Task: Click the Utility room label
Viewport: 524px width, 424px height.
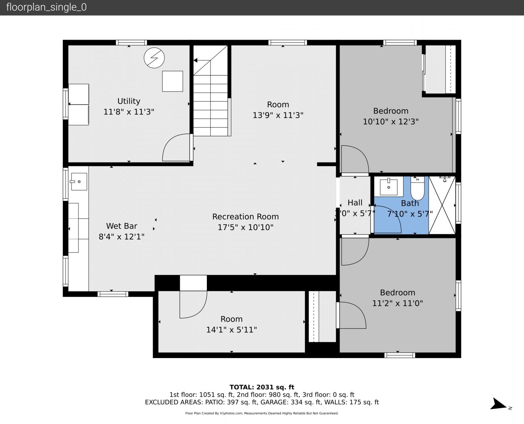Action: click(129, 101)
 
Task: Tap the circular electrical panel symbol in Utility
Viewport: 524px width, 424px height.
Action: click(154, 58)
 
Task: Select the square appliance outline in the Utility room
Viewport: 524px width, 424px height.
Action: click(172, 81)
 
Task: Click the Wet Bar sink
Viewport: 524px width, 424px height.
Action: click(79, 182)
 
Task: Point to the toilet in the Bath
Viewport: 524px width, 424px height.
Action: click(418, 188)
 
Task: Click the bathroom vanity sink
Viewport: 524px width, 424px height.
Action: click(389, 187)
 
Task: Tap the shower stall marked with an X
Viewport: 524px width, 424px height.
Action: click(442, 205)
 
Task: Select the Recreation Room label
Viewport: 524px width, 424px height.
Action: click(246, 217)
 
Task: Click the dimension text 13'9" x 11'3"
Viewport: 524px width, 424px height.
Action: click(278, 115)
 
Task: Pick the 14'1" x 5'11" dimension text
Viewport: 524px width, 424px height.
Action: click(232, 329)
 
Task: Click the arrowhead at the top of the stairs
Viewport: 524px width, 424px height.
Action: click(195, 60)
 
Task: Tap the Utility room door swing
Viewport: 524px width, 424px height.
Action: click(176, 148)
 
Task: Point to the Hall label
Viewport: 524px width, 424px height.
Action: click(355, 203)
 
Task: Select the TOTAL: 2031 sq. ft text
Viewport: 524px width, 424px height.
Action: click(262, 387)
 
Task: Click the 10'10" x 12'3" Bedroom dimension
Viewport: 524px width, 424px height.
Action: click(391, 122)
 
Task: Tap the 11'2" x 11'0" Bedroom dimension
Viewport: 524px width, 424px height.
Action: click(398, 303)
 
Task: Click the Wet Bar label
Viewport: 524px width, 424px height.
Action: click(122, 226)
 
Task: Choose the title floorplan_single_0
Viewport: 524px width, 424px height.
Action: click(46, 7)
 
